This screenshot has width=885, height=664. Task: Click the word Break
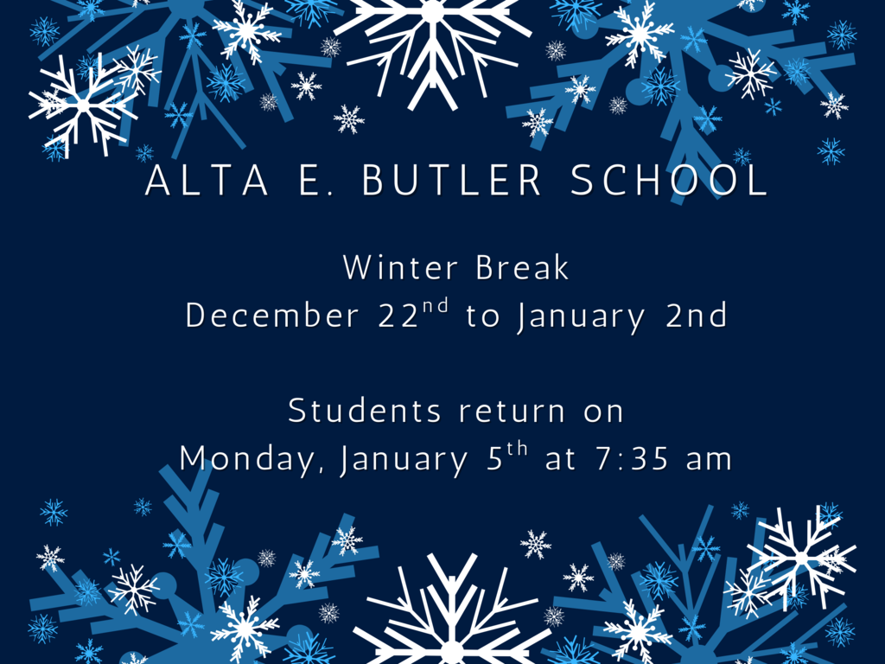coord(522,268)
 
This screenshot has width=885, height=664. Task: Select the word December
coord(271,316)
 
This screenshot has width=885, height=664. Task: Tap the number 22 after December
coord(398,316)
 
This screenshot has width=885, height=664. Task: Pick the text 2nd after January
coord(697,316)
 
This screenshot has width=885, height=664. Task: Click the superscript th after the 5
coord(517,450)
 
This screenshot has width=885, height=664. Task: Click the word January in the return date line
coord(404,459)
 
